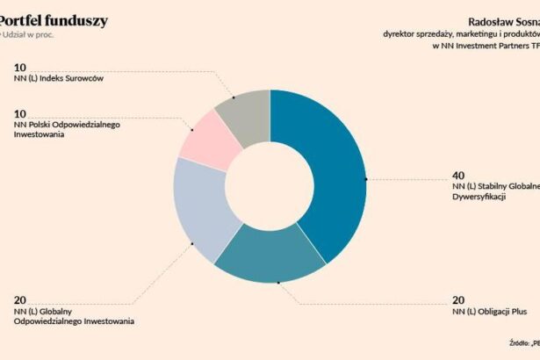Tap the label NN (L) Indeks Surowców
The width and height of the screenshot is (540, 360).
click(59, 79)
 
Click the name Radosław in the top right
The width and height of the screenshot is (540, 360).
click(485, 19)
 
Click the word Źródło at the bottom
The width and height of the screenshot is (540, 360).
click(519, 343)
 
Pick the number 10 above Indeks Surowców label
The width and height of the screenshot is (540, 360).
click(20, 67)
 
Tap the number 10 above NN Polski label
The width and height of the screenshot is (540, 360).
click(20, 113)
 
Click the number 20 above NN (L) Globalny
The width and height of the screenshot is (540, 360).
click(20, 300)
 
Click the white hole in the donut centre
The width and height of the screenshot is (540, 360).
click(270, 185)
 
